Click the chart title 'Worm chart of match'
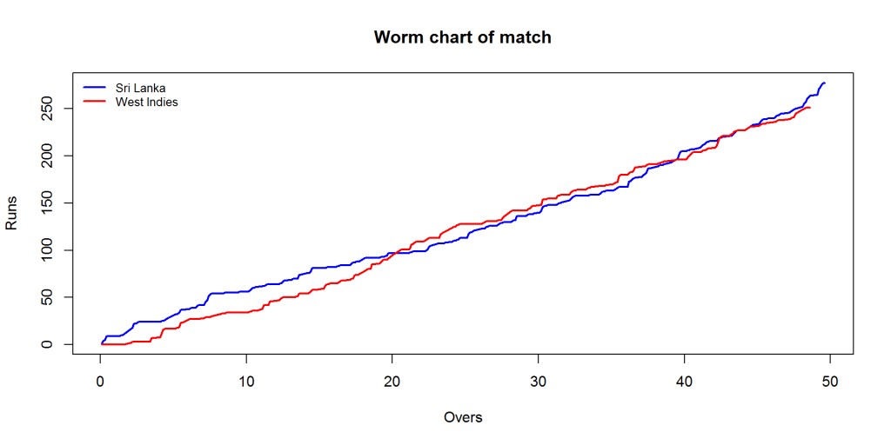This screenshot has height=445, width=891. click(x=462, y=37)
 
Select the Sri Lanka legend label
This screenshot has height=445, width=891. click(x=140, y=88)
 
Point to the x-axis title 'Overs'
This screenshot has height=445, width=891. click(x=462, y=417)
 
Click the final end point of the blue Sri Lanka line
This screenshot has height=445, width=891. click(x=825, y=83)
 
